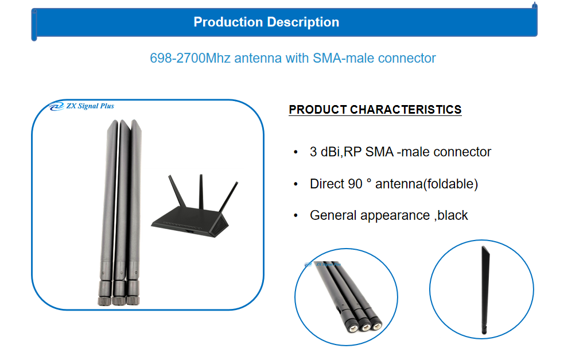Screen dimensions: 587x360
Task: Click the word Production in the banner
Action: coord(228,22)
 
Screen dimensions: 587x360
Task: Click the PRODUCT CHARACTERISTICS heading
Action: coord(375,110)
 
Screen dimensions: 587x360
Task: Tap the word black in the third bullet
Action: coord(453,215)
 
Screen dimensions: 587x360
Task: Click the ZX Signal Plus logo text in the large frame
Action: coord(90,106)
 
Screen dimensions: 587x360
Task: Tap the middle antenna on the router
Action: coord(201,191)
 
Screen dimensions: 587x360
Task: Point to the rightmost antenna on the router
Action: coord(228,197)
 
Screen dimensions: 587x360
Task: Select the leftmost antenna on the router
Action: coord(177,191)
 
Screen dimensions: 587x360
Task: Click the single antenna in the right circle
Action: coord(485,289)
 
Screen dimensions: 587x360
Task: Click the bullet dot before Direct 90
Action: coord(296,184)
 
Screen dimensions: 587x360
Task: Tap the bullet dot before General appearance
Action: coord(296,215)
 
